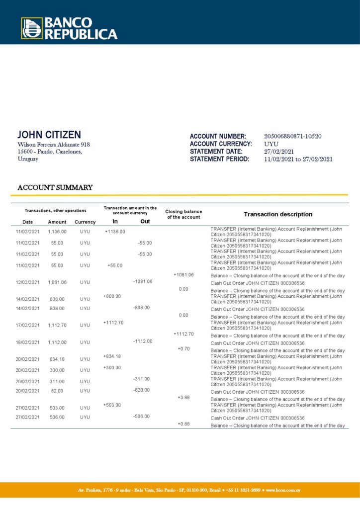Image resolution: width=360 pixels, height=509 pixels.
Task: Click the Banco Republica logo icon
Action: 31,28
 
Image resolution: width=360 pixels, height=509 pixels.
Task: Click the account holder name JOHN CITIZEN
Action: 49,135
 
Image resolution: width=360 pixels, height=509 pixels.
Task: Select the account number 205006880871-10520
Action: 292,136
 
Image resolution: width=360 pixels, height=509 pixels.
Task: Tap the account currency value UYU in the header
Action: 271,144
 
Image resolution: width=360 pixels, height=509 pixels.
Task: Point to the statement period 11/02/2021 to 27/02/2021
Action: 298,159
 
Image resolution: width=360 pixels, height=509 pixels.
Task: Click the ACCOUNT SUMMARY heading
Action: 55,187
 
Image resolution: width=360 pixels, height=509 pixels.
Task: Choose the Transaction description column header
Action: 278,214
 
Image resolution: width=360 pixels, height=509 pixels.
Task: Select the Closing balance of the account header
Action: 183,214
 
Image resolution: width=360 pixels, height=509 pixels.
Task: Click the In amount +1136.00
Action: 115,232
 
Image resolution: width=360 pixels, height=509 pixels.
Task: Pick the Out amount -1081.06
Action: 143,282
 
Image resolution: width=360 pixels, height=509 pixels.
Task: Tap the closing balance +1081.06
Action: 183,275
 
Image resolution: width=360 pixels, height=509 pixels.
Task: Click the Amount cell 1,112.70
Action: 57,326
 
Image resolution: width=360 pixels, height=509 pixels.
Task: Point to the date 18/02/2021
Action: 27,342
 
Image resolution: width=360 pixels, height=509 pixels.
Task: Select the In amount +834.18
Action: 112,356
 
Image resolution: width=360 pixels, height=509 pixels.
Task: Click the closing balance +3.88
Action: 183,398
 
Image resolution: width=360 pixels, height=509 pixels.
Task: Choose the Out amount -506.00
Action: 141,417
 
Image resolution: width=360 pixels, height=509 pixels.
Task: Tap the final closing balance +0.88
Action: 183,424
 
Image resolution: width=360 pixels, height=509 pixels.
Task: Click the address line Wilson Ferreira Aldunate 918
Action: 53,145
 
